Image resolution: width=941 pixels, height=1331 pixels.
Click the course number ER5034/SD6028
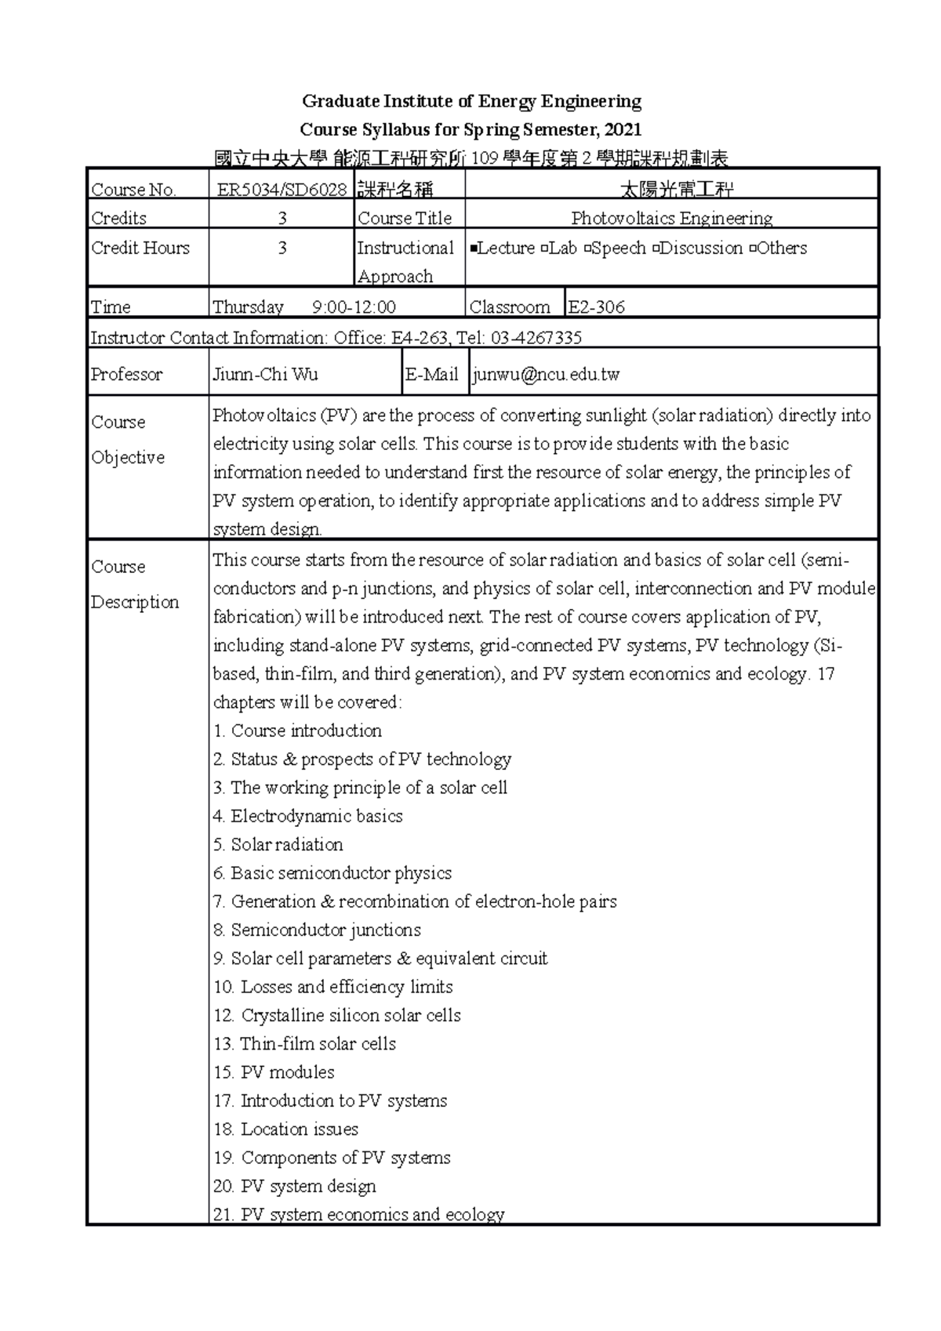tap(282, 189)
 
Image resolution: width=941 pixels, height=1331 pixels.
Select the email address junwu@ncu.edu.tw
tap(547, 374)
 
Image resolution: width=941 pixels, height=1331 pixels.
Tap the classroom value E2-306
tap(596, 306)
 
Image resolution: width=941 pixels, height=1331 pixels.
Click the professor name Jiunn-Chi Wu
tap(265, 374)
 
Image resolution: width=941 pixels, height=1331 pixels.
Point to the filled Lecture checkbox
tap(473, 249)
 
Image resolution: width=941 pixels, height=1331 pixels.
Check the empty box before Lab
tap(543, 249)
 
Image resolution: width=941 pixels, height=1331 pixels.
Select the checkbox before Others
tap(753, 249)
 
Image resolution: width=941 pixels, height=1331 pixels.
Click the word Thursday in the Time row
tap(248, 306)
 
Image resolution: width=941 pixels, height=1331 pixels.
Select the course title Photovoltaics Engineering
tap(671, 218)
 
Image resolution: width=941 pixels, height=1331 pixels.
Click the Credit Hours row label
tap(140, 248)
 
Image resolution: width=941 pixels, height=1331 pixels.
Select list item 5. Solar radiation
tap(278, 844)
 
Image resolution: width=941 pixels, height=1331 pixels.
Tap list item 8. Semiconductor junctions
tap(317, 930)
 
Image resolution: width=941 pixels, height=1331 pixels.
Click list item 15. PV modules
tap(274, 1072)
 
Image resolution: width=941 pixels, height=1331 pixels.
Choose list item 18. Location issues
tap(285, 1129)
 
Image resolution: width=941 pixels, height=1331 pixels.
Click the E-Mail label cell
tap(432, 374)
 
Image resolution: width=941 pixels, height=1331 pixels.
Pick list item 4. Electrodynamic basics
tap(307, 816)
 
